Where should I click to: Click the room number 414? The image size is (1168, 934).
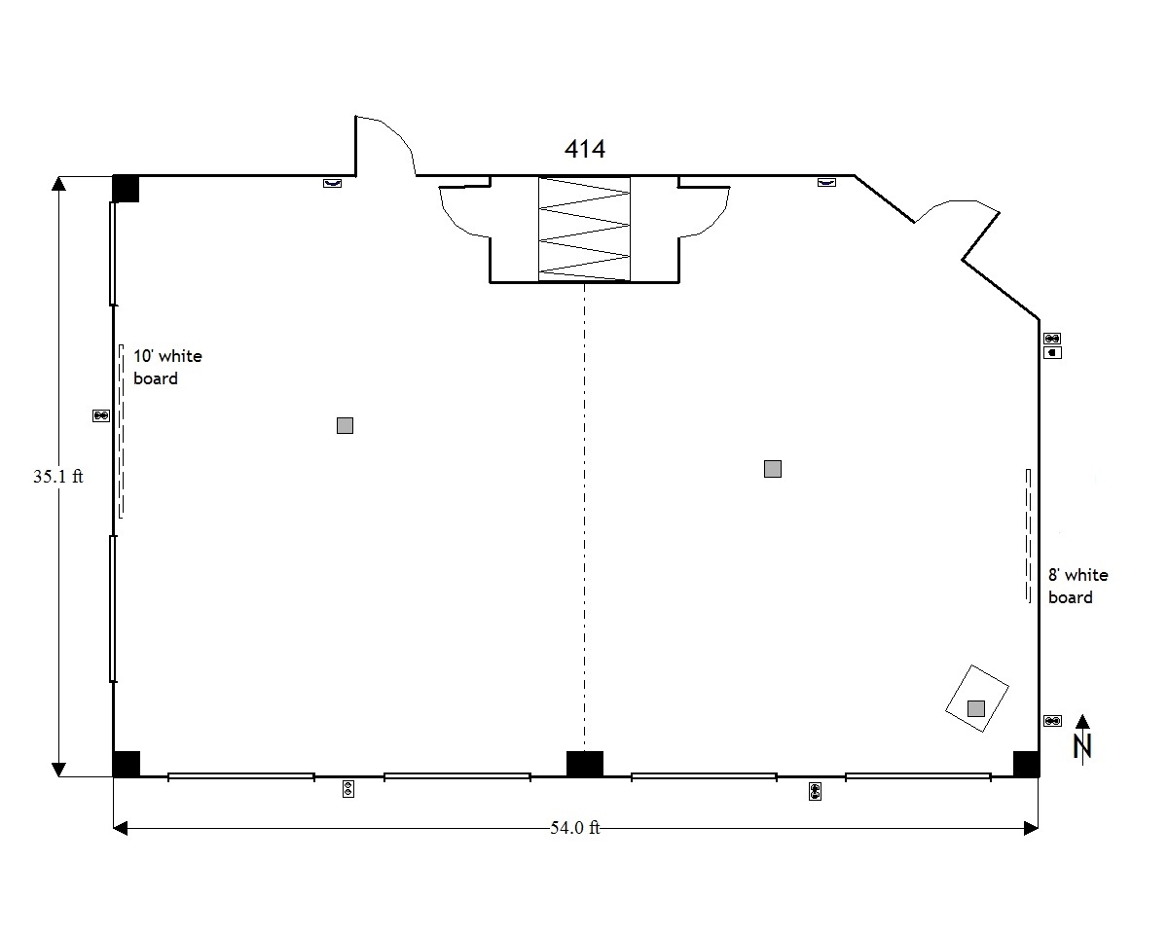585,149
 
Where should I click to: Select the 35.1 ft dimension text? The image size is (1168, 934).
58,477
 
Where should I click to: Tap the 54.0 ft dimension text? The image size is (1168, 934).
575,828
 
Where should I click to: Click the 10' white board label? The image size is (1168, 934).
167,367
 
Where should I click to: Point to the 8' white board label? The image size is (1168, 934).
1077,586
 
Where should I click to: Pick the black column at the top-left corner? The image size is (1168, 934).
126,189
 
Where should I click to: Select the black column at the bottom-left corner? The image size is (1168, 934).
126,764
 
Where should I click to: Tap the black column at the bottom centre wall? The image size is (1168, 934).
585,764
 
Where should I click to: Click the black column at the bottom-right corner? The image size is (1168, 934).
1026,764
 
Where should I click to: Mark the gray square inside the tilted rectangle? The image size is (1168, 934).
976,709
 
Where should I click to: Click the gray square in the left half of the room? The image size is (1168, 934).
346,425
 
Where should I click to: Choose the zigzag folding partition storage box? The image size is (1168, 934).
584,229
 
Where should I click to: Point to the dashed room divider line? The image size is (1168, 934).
585,517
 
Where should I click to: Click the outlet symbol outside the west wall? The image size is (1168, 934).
101,415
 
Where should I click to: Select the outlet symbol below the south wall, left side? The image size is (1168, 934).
348,789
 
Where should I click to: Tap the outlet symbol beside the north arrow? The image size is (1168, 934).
1052,721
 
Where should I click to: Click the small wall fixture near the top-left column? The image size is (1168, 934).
332,184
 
